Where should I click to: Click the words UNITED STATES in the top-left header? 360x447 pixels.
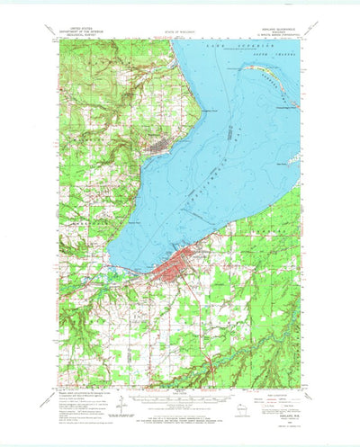coord(77,28)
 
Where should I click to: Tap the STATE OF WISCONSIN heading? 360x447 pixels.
coord(180,30)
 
